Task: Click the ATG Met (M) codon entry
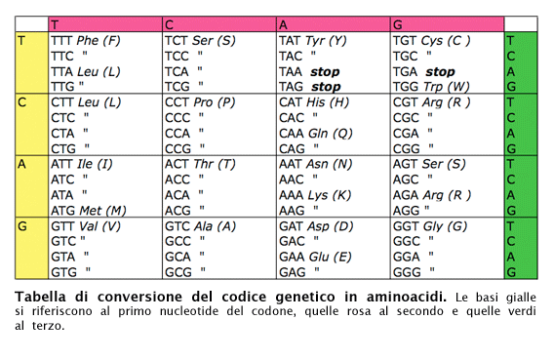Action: pyautogui.click(x=88, y=210)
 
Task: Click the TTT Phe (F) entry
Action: pyautogui.click(x=85, y=40)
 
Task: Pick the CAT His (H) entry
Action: pyautogui.click(x=313, y=101)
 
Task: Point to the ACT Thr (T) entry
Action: pyautogui.click(x=199, y=164)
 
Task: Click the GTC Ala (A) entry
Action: pyautogui.click(x=200, y=225)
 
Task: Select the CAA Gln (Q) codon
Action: pyautogui.click(x=315, y=133)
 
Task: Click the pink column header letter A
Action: pyautogui.click(x=283, y=23)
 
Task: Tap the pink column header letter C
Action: pyautogui.click(x=169, y=23)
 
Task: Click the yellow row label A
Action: pyautogui.click(x=22, y=164)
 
